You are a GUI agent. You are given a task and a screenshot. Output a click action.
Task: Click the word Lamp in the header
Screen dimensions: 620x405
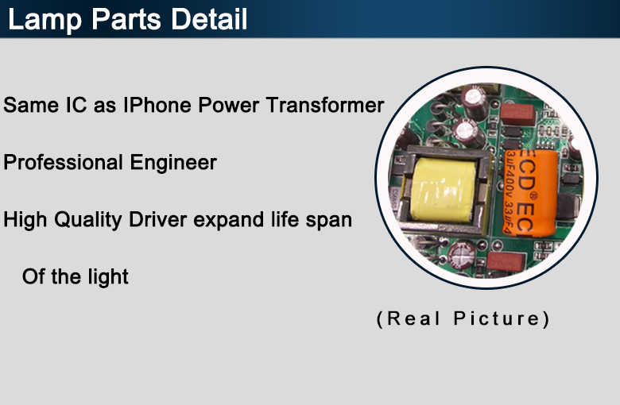point(45,20)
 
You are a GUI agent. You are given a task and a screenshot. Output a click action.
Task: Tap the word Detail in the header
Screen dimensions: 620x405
point(209,18)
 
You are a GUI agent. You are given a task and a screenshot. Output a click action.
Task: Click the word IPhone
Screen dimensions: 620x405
point(157,105)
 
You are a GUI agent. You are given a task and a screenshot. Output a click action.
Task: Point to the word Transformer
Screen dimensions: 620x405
point(325,105)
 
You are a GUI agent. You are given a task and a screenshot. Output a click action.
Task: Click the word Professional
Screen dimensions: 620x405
point(63,162)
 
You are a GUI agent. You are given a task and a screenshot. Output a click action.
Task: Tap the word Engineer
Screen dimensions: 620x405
point(173,162)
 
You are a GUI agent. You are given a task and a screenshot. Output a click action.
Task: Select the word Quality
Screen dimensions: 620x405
point(87,220)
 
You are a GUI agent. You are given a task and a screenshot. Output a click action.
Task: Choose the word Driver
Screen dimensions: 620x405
point(157,220)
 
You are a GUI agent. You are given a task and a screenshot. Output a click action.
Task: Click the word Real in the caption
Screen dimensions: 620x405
point(413,318)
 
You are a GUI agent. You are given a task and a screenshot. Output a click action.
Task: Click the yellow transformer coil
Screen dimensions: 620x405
point(443,190)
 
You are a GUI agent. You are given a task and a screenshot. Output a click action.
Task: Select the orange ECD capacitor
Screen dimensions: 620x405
point(530,193)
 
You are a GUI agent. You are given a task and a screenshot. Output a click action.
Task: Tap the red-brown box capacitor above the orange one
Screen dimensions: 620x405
point(517,114)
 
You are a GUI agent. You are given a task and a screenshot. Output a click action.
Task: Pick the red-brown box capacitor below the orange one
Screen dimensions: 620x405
point(506,261)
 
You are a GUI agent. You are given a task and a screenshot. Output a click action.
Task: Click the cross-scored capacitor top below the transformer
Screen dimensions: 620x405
point(461,255)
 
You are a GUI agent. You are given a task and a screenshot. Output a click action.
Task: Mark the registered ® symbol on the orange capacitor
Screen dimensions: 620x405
point(533,195)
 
